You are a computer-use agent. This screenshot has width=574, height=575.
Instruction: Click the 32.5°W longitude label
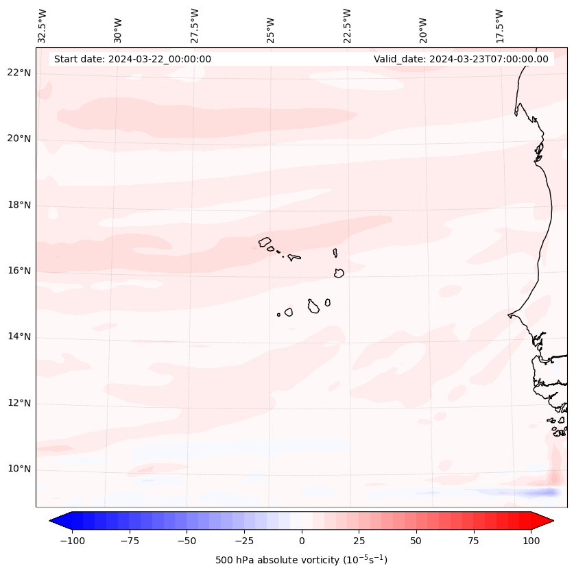click(43, 25)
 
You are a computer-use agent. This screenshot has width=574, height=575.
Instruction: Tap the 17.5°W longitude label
click(499, 25)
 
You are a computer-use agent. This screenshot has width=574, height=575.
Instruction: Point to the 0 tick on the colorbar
click(302, 541)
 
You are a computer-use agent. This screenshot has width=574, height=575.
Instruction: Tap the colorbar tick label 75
click(474, 541)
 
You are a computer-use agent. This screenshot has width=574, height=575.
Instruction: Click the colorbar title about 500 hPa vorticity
click(301, 560)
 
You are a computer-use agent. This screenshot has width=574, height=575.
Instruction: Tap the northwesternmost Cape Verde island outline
click(265, 241)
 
